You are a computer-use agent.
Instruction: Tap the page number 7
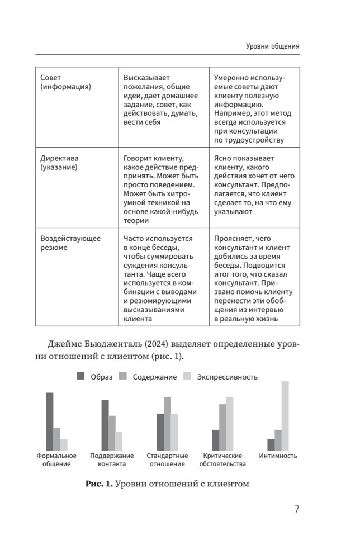pyautogui.click(x=296, y=509)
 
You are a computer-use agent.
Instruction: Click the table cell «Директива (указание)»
pyautogui.click(x=61, y=163)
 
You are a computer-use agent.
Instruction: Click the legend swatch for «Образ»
pyautogui.click(x=80, y=377)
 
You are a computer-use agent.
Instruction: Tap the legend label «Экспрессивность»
pyautogui.click(x=228, y=377)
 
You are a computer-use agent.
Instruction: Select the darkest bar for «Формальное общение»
pyautogui.click(x=50, y=421)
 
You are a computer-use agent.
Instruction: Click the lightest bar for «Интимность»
pyautogui.click(x=285, y=416)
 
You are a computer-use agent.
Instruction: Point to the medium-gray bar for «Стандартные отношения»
pyautogui.click(x=167, y=424)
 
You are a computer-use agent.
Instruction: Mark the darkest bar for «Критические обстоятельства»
pyautogui.click(x=216, y=440)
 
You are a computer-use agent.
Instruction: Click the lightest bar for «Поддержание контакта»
pyautogui.click(x=119, y=441)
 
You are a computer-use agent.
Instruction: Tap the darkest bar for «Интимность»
pyautogui.click(x=271, y=445)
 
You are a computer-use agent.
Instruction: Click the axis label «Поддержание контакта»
pyautogui.click(x=112, y=459)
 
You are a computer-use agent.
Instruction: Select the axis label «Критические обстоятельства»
pyautogui.click(x=222, y=459)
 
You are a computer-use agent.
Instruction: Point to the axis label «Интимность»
pyautogui.click(x=278, y=456)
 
